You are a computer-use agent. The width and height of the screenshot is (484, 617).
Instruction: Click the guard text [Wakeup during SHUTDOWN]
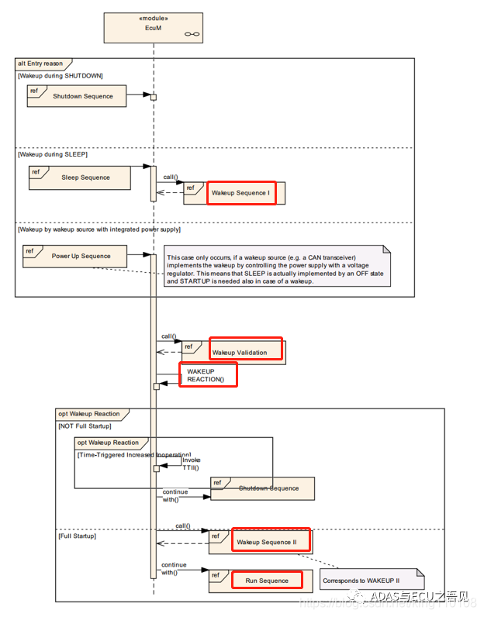(x=60, y=75)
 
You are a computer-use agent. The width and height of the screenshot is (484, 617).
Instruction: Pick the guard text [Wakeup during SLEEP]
(x=53, y=154)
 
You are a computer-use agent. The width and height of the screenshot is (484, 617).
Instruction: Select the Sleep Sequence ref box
(x=80, y=178)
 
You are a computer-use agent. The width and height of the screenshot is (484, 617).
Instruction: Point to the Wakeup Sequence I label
(x=240, y=192)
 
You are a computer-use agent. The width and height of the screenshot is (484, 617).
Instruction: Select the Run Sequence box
(x=267, y=581)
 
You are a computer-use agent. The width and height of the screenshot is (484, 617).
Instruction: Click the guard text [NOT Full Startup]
(x=85, y=426)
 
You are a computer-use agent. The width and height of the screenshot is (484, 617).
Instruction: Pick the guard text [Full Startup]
(x=77, y=536)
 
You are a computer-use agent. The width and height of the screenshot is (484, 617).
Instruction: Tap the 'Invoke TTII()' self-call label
(x=190, y=464)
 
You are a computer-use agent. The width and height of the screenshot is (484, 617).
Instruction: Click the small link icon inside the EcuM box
(x=191, y=34)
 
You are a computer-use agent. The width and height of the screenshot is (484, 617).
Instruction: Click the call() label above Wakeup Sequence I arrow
(x=170, y=177)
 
